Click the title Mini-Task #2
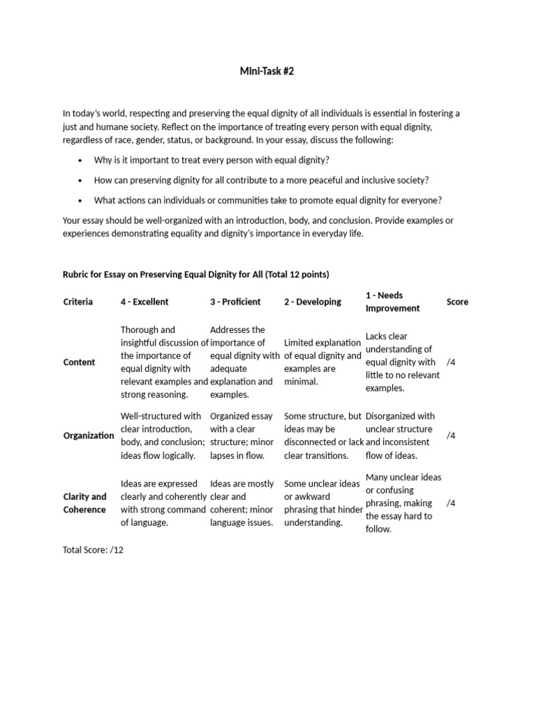coord(268,71)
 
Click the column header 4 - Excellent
coord(145,302)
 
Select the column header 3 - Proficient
coord(235,302)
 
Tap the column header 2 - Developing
coord(312,302)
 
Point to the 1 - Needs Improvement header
coord(392,302)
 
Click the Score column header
coord(457,302)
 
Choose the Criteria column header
coord(78,302)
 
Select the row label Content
coord(79,362)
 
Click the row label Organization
coord(88,436)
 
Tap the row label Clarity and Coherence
coord(84,503)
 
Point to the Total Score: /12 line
coord(93,549)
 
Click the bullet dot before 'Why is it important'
coord(81,161)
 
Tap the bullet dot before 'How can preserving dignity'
coord(81,181)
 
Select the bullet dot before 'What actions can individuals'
coord(81,201)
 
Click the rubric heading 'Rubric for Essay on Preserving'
coord(196,274)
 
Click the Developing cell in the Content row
coord(322,362)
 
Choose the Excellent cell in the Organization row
coord(163,436)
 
